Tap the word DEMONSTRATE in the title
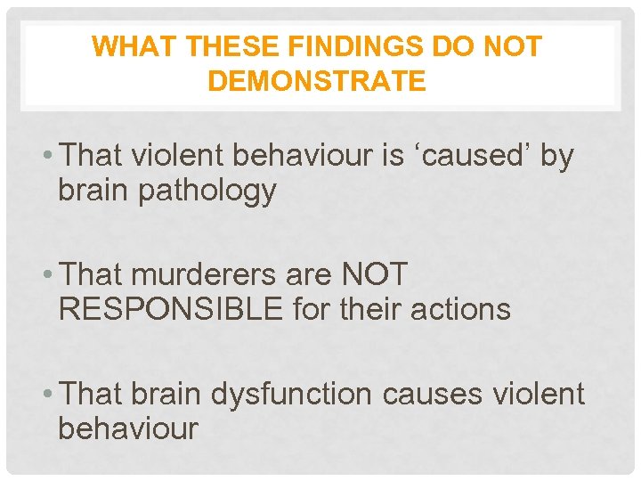pyautogui.click(x=316, y=82)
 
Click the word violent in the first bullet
pyautogui.click(x=180, y=157)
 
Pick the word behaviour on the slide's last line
pyautogui.click(x=127, y=428)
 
